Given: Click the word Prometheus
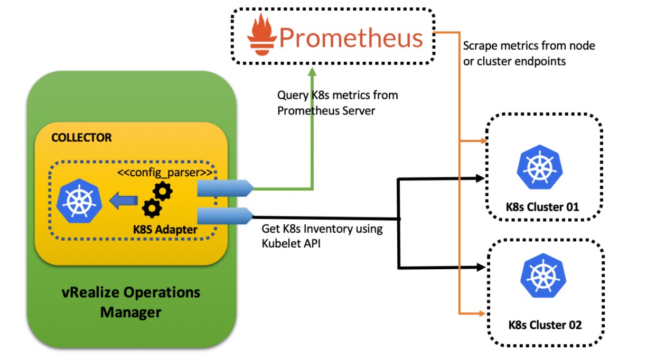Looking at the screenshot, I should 351,37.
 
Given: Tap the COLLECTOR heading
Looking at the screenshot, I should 81,138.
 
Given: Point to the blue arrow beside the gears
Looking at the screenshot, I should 123,200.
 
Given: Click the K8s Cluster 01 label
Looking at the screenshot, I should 542,206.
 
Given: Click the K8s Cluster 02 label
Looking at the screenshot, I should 545,324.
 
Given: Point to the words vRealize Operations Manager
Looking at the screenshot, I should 131,302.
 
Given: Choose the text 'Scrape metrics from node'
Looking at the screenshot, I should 529,46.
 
